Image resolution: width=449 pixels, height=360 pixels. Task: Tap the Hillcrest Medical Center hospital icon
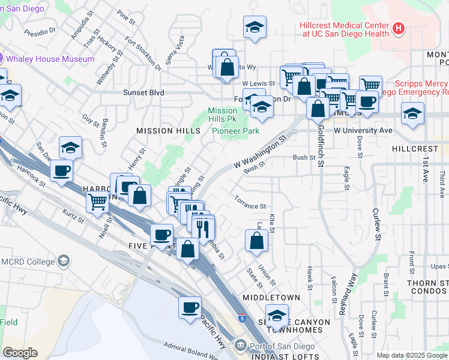[x=397, y=29]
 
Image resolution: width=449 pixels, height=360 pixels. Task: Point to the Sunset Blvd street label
[x=127, y=93]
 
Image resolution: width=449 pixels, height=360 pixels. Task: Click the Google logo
[x=20, y=352]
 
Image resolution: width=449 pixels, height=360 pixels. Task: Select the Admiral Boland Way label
[x=193, y=349]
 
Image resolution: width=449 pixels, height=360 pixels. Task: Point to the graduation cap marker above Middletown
[x=277, y=315]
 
